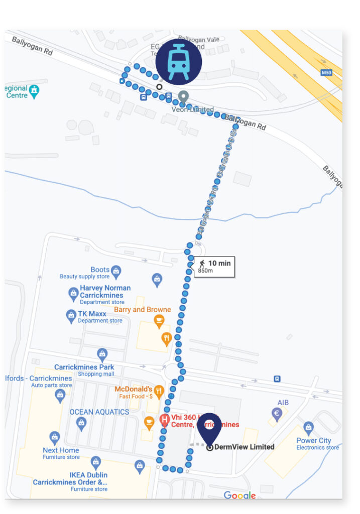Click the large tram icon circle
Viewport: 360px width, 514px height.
[178, 62]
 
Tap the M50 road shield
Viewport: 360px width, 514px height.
[326, 73]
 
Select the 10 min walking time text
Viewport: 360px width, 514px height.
[219, 263]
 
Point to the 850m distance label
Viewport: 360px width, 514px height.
[205, 271]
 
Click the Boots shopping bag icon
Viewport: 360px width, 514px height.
[116, 271]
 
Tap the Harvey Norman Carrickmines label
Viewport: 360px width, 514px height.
[105, 292]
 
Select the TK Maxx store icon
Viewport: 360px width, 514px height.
[71, 316]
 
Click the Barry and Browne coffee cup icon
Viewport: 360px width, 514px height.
[159, 320]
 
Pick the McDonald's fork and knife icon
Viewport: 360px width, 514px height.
[159, 390]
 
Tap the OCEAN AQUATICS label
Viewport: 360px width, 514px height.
[99, 412]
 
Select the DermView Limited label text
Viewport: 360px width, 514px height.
[244, 447]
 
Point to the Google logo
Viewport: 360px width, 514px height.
[239, 495]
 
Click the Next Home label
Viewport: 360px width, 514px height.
[61, 450]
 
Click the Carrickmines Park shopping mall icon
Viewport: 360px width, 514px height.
[102, 355]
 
